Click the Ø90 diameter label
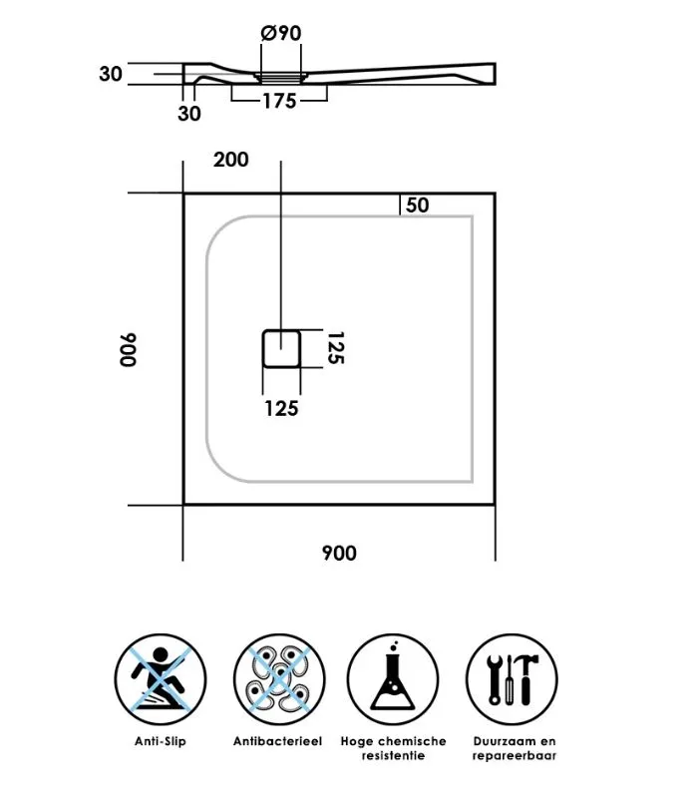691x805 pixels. click(x=281, y=33)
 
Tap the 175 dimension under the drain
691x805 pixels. click(x=279, y=101)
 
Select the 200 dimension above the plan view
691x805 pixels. click(x=231, y=160)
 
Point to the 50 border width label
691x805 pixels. click(x=417, y=205)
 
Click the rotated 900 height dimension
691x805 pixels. click(x=129, y=349)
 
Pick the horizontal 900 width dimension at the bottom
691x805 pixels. click(x=339, y=553)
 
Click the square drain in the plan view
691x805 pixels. click(x=281, y=348)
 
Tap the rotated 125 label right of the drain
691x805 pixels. click(x=336, y=348)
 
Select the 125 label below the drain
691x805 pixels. click(x=281, y=409)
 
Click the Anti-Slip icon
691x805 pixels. click(x=161, y=679)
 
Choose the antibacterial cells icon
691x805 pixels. click(x=279, y=679)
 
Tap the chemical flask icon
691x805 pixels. click(x=393, y=679)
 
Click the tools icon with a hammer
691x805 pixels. click(x=512, y=679)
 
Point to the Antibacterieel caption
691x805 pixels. click(x=278, y=741)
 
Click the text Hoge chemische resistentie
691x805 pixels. click(x=393, y=748)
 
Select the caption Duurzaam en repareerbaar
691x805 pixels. click(x=515, y=748)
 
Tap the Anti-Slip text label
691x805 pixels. click(x=161, y=741)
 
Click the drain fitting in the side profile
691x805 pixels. click(x=280, y=78)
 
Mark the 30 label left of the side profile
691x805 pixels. click(x=111, y=74)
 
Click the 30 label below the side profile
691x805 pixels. click(x=189, y=114)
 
